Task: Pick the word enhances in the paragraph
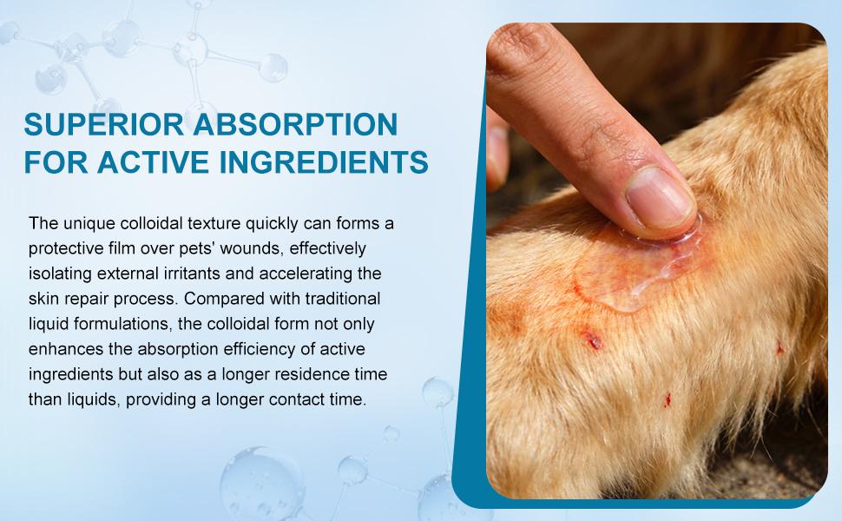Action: point(62,350)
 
